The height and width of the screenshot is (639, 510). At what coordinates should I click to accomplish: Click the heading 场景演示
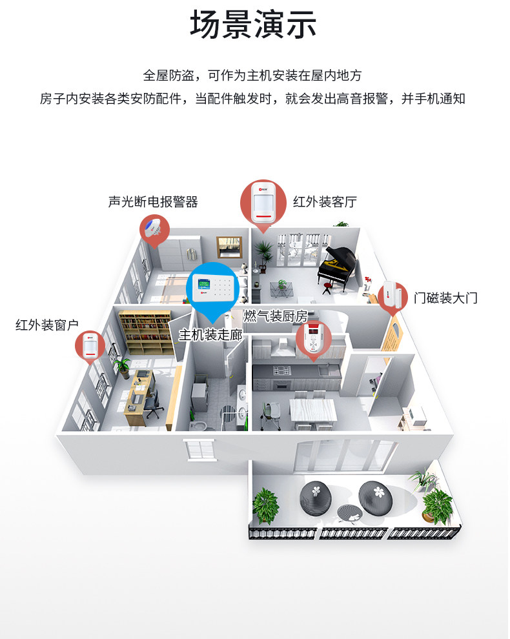pyautogui.click(x=254, y=26)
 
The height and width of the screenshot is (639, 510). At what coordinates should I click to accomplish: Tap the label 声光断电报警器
pyautogui.click(x=153, y=202)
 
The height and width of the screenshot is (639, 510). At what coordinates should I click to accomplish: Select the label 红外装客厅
pyautogui.click(x=325, y=202)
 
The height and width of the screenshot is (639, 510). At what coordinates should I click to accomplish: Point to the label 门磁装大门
pyautogui.click(x=445, y=298)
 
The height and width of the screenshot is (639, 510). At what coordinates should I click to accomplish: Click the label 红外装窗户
pyautogui.click(x=47, y=325)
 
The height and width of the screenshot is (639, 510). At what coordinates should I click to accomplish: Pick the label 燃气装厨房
pyautogui.click(x=275, y=316)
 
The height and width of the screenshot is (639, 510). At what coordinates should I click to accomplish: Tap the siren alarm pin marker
pyautogui.click(x=154, y=229)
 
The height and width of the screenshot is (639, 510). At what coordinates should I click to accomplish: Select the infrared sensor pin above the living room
pyautogui.click(x=263, y=202)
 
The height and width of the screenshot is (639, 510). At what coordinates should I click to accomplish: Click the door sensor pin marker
pyautogui.click(x=393, y=296)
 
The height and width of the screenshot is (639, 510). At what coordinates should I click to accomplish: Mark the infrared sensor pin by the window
pyautogui.click(x=90, y=347)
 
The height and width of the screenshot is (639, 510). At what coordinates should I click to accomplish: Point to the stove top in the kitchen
pyautogui.click(x=282, y=371)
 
